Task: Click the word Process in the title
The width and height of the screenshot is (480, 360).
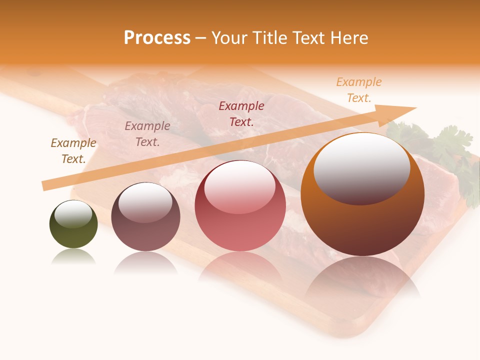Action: tap(157, 38)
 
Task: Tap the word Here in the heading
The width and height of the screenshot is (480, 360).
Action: tap(348, 38)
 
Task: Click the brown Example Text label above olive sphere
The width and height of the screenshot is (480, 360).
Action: tap(73, 151)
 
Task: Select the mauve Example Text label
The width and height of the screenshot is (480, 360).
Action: tap(147, 134)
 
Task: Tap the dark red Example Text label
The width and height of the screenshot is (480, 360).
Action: tap(241, 113)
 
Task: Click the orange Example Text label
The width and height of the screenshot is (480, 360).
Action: tap(359, 90)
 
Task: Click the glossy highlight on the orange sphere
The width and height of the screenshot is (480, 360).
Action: tap(361, 168)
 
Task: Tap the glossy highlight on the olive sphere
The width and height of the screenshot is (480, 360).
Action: tap(73, 214)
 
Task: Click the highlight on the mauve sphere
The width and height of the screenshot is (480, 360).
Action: tap(145, 202)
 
